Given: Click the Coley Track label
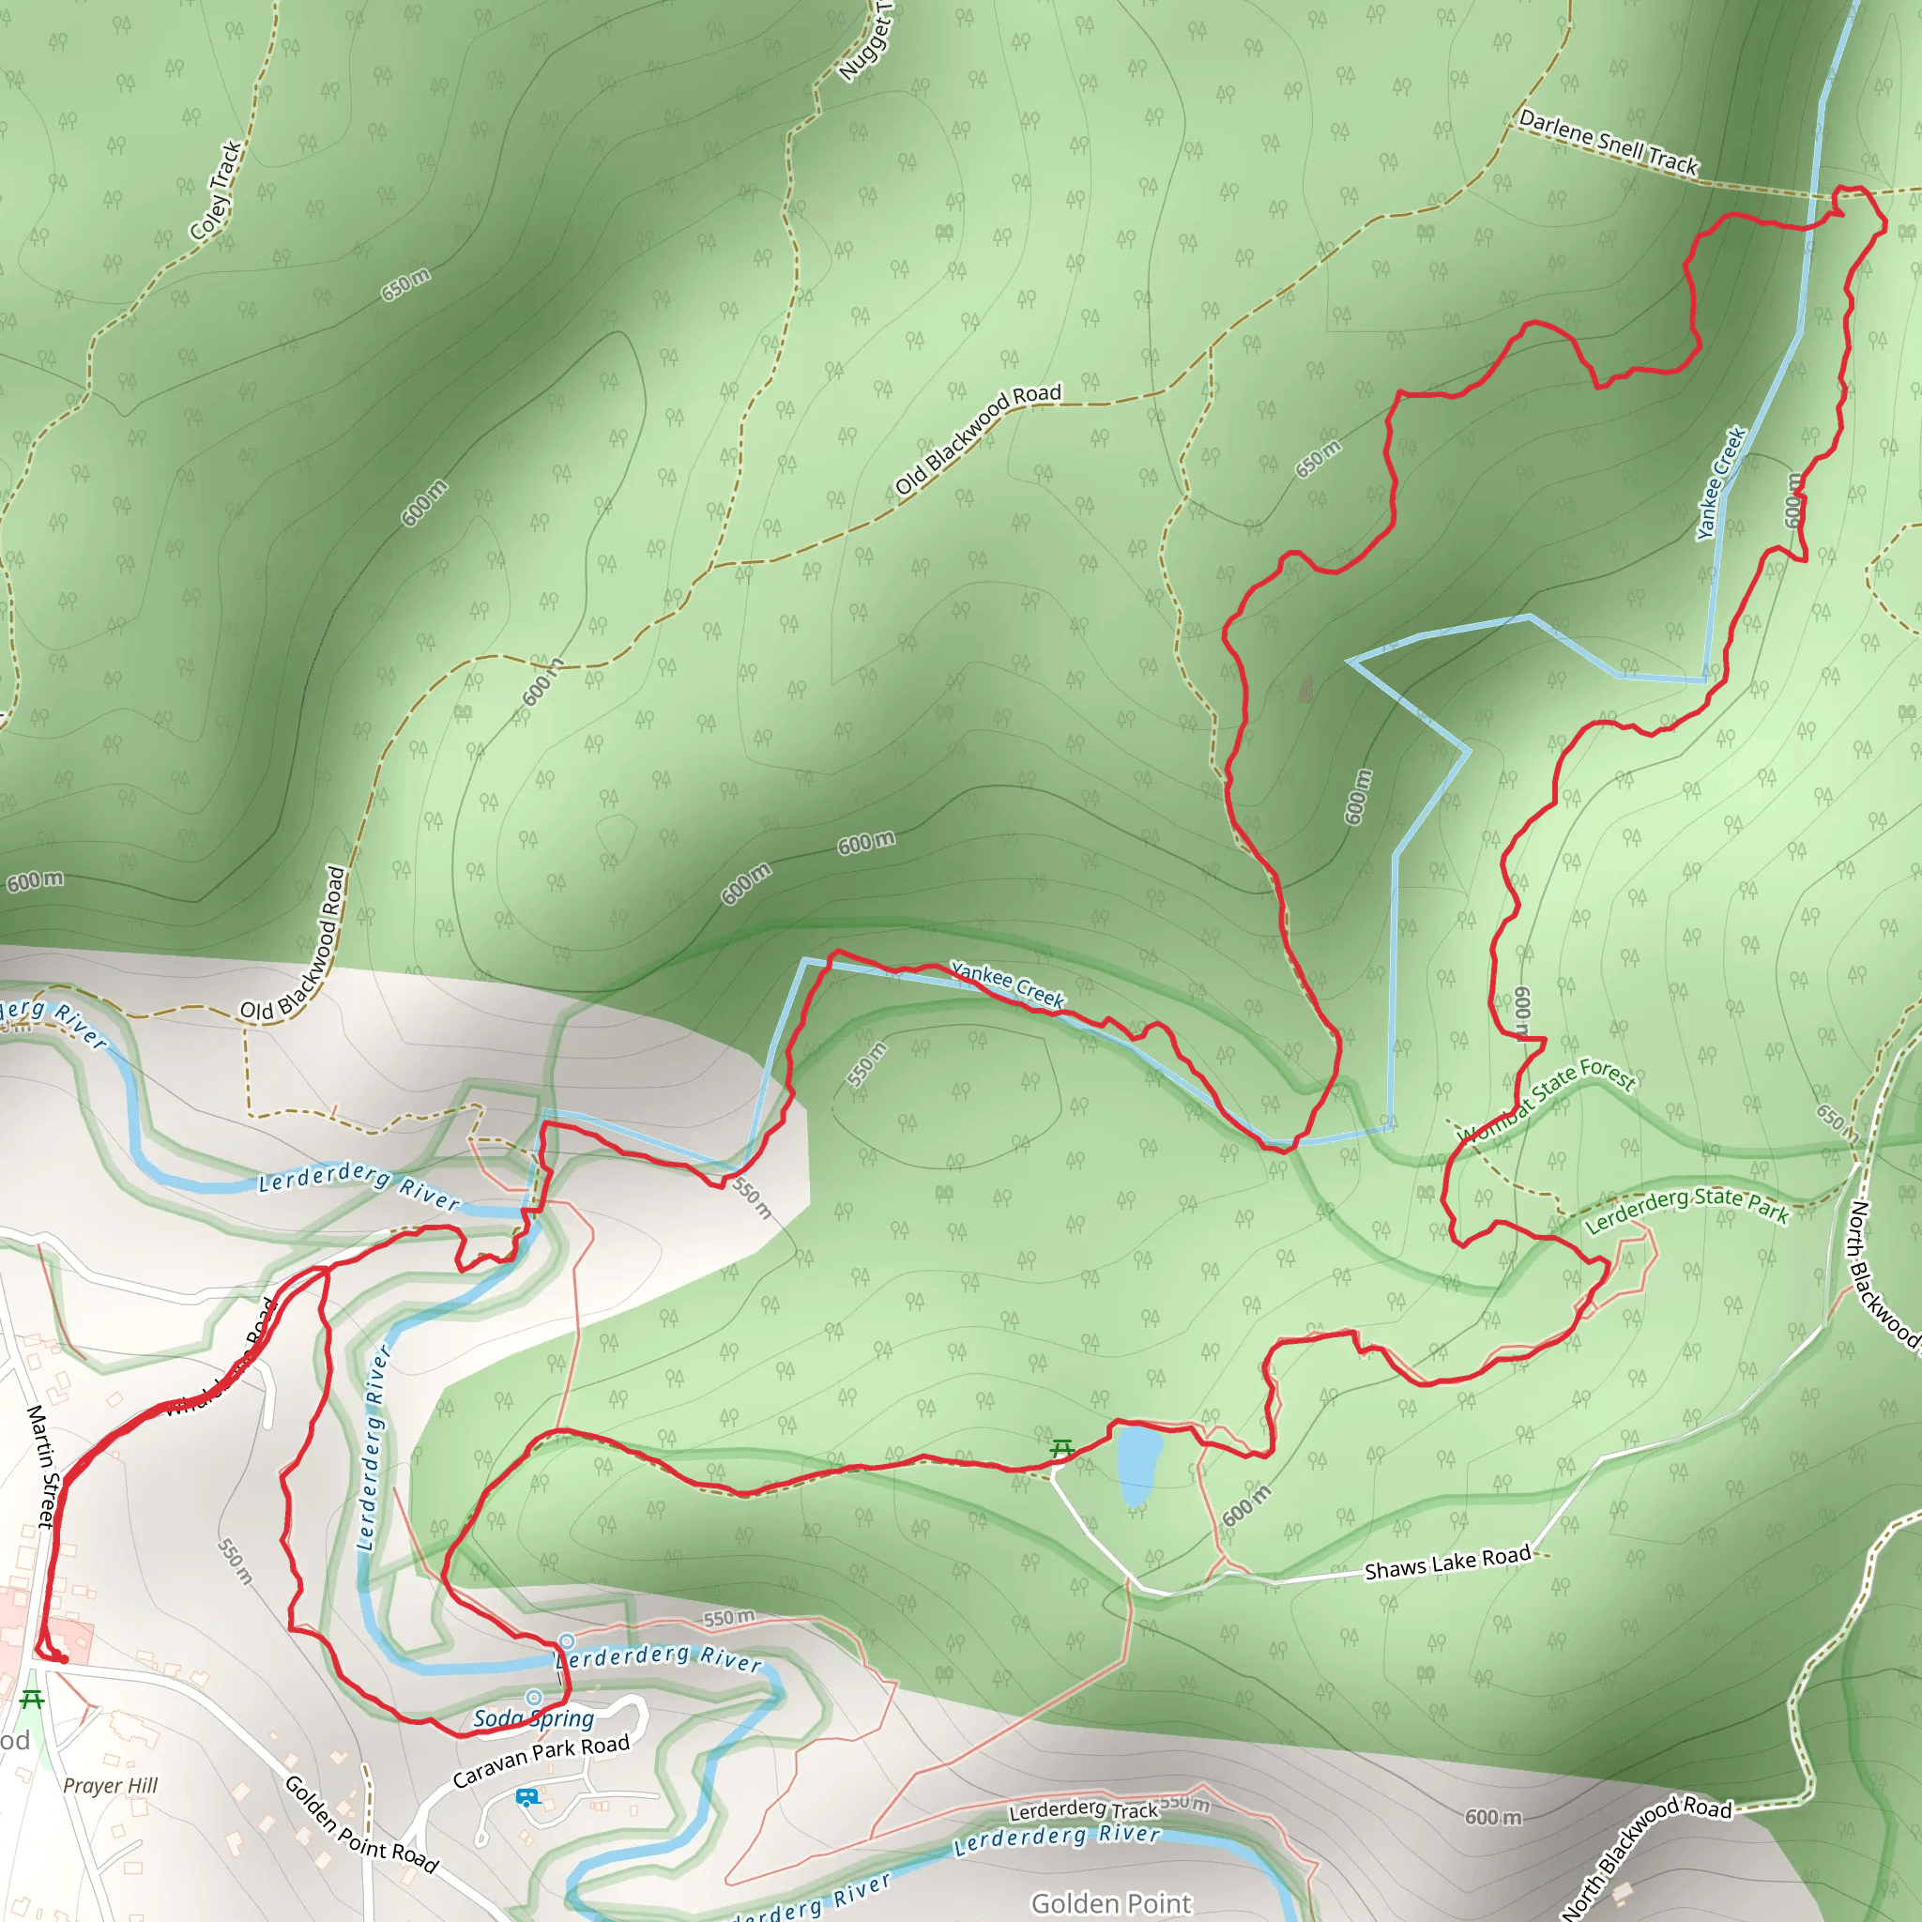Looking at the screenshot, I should click(217, 191).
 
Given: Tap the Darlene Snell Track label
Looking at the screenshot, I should click(1608, 144).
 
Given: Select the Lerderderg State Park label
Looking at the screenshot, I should click(1686, 1210).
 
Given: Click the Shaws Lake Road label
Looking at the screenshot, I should click(1446, 1563).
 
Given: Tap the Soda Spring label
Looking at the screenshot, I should click(533, 1718).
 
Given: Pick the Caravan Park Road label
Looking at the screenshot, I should click(542, 1760).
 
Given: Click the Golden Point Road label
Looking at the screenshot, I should click(361, 1824).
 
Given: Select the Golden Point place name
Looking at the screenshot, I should click(1111, 1902).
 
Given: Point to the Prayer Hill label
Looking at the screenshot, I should click(111, 1786).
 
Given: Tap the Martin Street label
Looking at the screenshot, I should click(42, 1465).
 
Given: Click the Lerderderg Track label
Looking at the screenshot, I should click(1083, 1809).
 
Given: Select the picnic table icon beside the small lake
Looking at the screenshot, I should click(1061, 1448).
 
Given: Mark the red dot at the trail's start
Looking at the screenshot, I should click(64, 1659).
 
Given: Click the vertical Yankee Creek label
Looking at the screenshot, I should click(1721, 483).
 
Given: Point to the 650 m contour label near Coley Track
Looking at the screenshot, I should click(405, 284).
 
